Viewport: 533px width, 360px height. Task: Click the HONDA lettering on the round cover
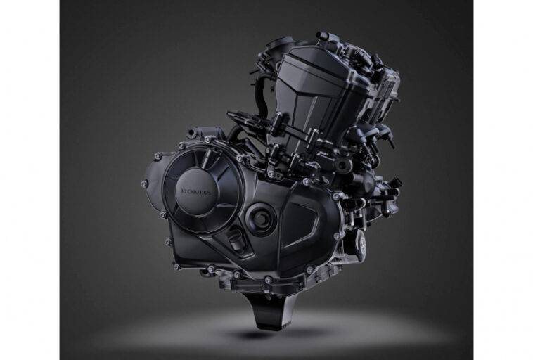point(196,192)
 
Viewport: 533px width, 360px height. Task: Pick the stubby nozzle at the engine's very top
point(322,36)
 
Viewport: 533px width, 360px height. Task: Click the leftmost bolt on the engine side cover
point(144,184)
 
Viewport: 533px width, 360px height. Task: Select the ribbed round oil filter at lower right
point(361,242)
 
